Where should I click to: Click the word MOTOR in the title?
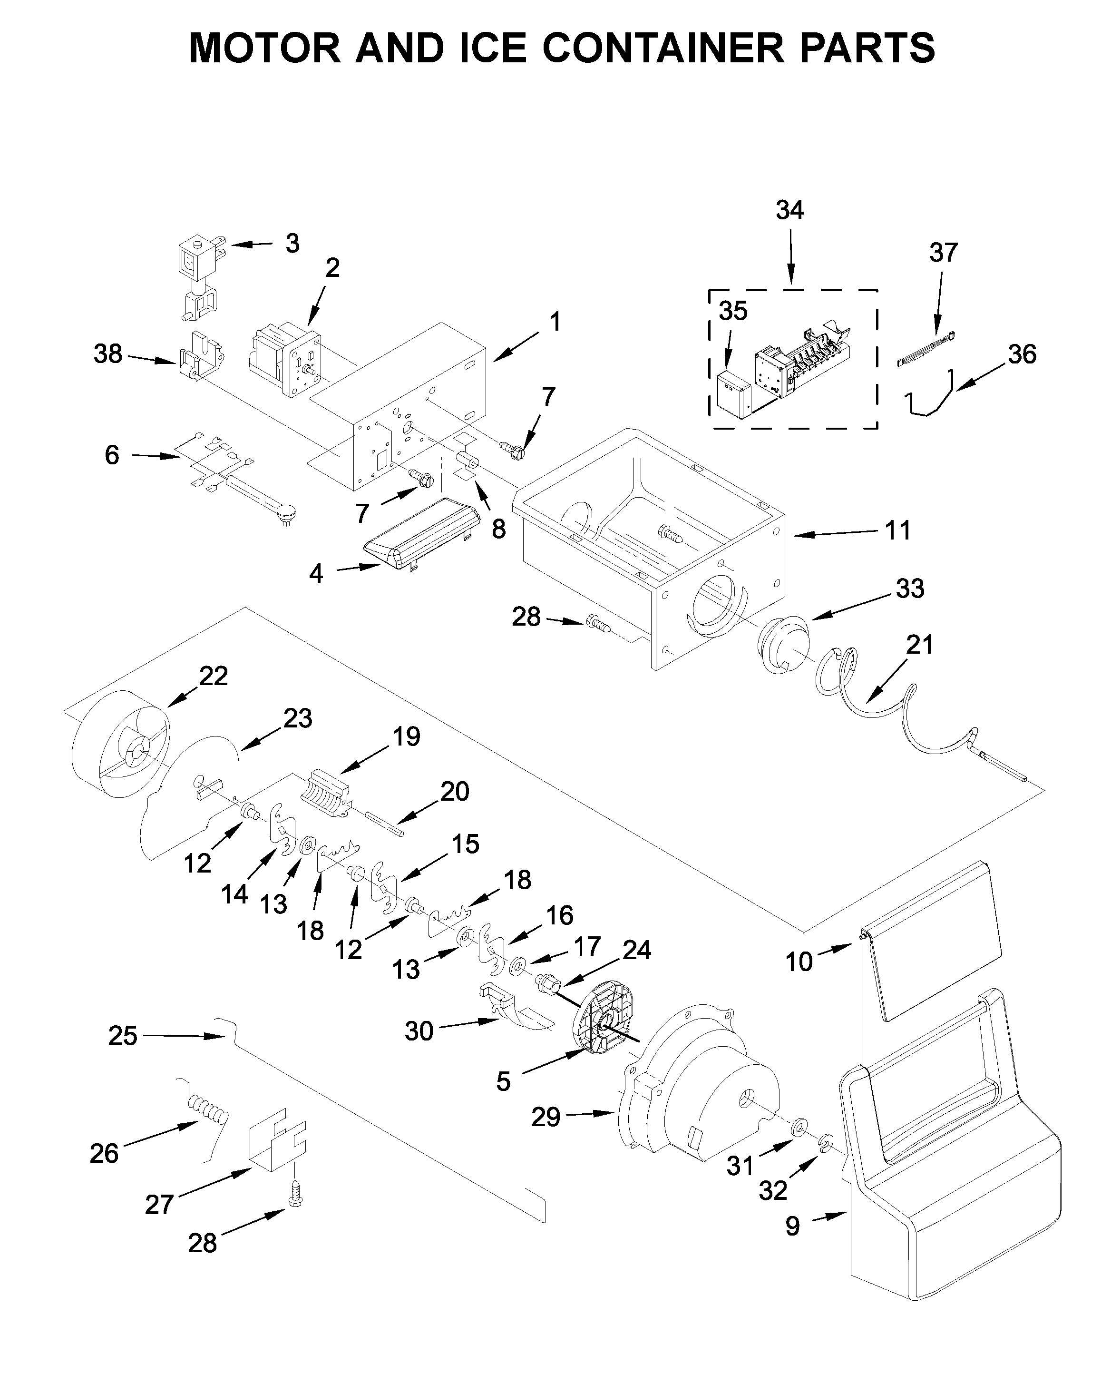(x=265, y=48)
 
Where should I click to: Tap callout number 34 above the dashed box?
(x=789, y=210)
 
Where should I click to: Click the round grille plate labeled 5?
(x=603, y=1026)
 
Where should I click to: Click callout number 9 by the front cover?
(x=792, y=1227)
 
